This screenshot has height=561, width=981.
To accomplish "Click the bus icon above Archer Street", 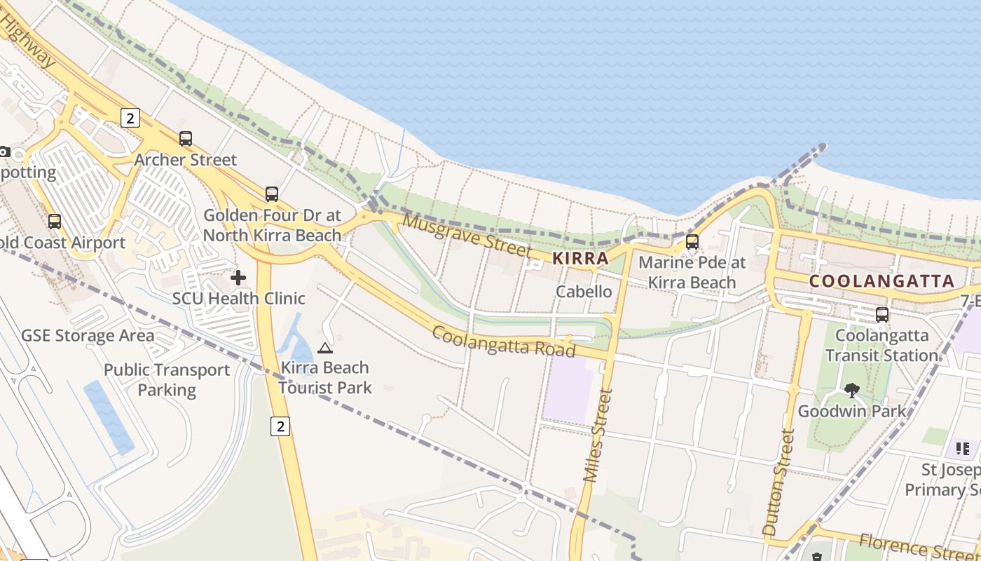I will [186, 139].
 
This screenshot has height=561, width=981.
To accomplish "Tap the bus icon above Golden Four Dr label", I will [272, 194].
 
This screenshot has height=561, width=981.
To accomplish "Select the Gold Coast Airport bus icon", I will [55, 222].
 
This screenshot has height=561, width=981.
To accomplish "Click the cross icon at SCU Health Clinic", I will [238, 278].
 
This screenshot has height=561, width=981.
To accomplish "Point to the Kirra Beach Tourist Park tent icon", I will [325, 348].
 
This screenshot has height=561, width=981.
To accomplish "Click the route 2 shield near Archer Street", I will [130, 118].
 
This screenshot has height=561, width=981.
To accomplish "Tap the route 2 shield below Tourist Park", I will [280, 426].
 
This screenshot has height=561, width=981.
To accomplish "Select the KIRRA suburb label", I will [580, 258].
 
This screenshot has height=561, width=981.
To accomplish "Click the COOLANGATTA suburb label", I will [881, 281].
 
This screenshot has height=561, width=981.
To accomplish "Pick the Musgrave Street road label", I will [467, 236].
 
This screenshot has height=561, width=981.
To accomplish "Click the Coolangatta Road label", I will [503, 341].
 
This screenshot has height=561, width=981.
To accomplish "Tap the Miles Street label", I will [598, 435].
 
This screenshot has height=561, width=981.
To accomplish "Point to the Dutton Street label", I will [778, 484].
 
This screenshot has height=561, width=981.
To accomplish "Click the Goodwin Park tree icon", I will [852, 391].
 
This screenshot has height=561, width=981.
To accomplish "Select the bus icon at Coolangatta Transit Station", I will [882, 315].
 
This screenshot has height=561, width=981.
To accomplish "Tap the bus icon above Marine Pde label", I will [692, 242].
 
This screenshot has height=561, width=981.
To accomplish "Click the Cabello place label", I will [584, 291].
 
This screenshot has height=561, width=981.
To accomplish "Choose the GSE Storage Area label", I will [88, 335].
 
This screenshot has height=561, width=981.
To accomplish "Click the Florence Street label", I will [918, 546].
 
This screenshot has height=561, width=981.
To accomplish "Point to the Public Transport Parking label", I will [167, 379].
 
